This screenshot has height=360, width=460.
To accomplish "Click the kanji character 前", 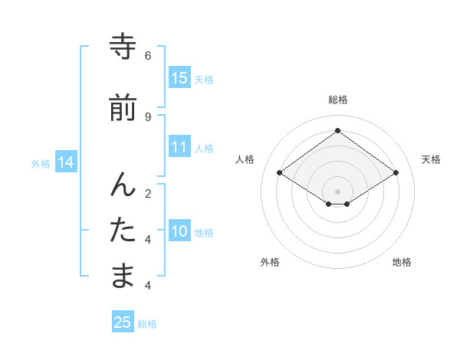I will [123, 108].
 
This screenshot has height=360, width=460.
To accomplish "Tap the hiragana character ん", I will [123, 185].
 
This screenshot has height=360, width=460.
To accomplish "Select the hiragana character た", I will [123, 231].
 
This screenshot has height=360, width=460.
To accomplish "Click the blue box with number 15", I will [179, 78].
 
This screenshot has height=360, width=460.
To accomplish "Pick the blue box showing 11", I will [179, 147].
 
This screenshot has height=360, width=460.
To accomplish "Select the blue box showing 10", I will [179, 231].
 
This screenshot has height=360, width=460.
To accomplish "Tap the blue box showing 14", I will [66, 162].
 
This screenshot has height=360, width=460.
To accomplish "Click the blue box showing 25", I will [123, 322].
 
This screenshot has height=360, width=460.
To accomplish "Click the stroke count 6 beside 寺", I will [148, 56].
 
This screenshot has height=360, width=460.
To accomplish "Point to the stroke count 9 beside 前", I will [148, 116].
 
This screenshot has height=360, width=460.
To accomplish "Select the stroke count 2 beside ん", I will [148, 193].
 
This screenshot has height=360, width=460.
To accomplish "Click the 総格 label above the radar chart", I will [337, 100].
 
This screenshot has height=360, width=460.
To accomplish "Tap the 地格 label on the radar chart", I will [402, 262].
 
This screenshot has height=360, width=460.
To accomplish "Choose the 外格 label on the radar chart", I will [270, 262].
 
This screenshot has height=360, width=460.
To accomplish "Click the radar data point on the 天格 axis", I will [396, 173].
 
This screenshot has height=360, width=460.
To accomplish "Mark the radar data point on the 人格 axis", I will [280, 173].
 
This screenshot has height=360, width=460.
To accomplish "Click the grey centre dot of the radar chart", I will [337, 191].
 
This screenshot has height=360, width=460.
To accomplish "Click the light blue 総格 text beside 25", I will [147, 324].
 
